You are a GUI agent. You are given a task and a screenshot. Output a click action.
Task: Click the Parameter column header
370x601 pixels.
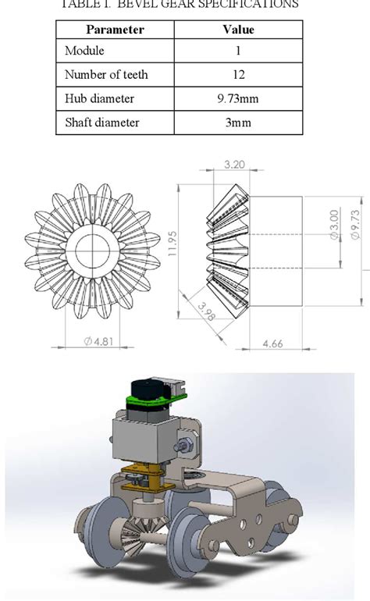[115, 30]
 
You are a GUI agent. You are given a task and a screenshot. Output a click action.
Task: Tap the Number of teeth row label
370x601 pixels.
[105, 76]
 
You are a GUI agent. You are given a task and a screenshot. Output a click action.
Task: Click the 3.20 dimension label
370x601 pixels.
[235, 165]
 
